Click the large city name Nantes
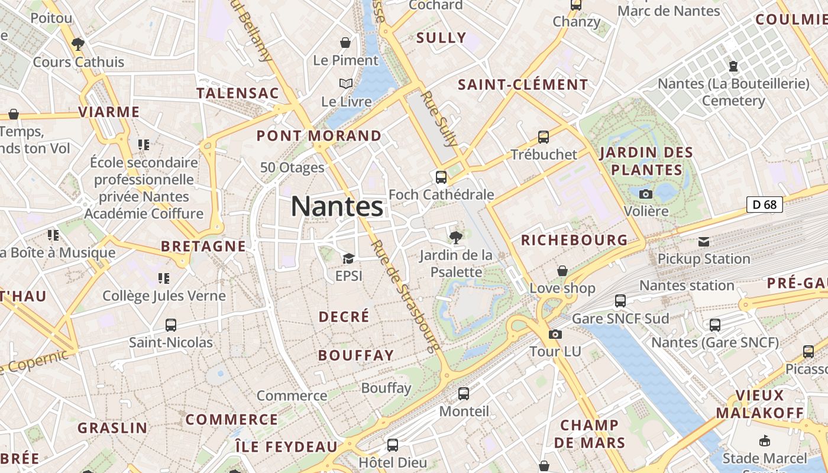tap(337, 207)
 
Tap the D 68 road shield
tap(764, 205)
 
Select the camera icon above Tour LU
tap(555, 334)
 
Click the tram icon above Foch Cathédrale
tap(441, 177)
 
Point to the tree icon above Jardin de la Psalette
tap(455, 238)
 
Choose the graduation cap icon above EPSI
tap(348, 258)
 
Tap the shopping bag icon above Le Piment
tap(345, 43)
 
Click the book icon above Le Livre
tap(346, 84)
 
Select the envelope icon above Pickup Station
tap(704, 241)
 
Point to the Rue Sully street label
tap(439, 118)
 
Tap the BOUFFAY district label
tap(355, 355)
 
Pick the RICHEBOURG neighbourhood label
tap(574, 240)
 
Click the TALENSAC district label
tap(237, 93)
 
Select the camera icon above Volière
tap(646, 194)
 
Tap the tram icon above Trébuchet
tap(544, 137)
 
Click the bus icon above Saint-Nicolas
tap(171, 325)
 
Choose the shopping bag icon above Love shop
tap(562, 271)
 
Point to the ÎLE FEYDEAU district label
tap(286, 446)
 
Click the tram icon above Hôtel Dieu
tap(392, 445)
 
